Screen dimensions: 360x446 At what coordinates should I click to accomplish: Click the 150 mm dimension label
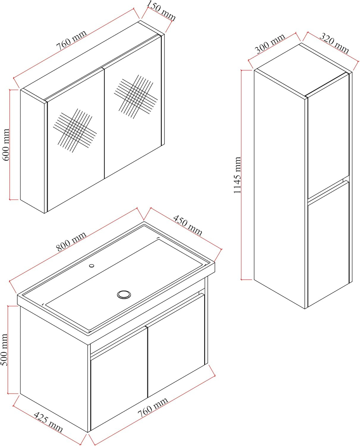[161, 10]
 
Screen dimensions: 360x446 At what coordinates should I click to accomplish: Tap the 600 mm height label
[6, 145]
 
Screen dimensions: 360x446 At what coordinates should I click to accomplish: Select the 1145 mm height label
[237, 175]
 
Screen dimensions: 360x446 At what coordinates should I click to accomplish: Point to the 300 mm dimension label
[270, 43]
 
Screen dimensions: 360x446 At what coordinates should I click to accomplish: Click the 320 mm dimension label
[334, 43]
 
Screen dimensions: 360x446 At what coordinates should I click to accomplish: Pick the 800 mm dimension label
[71, 241]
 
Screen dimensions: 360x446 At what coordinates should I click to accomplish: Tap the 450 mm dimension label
[188, 225]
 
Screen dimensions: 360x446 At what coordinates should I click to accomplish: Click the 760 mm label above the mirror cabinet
[71, 40]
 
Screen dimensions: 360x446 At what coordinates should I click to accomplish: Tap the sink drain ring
[124, 294]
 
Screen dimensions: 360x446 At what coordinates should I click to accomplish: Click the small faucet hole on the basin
[91, 266]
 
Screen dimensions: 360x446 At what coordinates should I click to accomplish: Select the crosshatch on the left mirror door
[75, 131]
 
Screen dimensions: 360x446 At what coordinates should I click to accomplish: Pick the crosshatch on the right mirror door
[136, 97]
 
